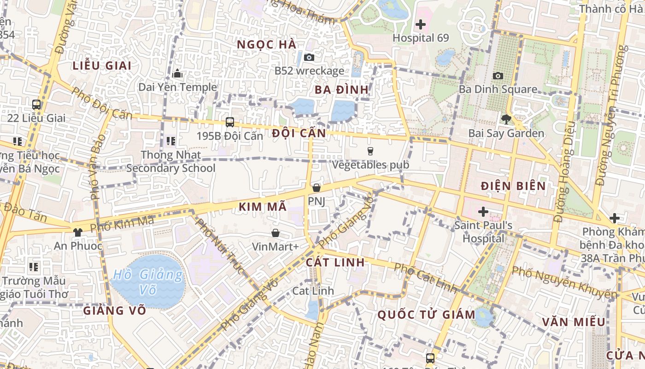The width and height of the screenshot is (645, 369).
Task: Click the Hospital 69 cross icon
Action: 420,24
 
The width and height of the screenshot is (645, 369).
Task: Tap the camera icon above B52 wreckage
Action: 309,57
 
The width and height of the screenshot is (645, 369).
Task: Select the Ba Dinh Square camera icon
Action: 498,76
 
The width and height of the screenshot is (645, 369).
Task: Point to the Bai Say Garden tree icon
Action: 506,119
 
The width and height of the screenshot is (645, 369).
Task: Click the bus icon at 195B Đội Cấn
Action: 229,122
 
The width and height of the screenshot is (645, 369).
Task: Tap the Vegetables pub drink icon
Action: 370,151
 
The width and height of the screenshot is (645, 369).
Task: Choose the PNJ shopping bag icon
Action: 316,188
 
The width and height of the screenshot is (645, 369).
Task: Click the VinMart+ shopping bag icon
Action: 275,233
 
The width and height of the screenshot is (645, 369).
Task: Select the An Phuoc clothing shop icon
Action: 77,232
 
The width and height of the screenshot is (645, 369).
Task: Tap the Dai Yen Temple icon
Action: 177,74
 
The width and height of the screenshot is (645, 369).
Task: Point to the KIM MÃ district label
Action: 263,207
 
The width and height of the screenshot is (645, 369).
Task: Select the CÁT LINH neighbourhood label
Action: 335,262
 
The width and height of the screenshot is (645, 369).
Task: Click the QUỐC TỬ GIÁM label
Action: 426,315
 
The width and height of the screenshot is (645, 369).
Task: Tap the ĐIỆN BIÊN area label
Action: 513,186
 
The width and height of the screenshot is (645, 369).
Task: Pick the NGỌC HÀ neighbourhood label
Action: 266,45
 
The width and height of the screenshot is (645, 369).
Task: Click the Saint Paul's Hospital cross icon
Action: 483,212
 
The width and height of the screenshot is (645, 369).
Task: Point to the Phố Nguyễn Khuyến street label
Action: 564,282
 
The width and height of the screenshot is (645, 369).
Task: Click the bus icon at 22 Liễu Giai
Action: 36,105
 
